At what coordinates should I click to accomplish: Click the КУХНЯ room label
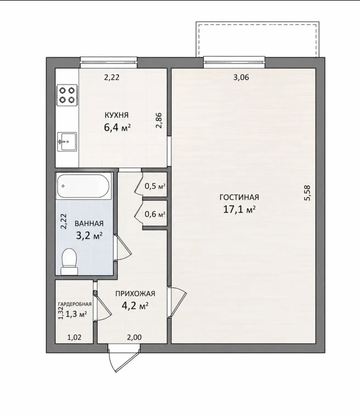point(116,115)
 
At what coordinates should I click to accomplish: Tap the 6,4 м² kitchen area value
point(117,127)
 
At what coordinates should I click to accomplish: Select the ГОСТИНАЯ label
point(239,197)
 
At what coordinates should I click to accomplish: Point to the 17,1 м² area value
point(239,209)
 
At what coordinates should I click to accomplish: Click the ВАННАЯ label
point(89,223)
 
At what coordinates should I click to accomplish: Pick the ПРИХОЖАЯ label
point(135,294)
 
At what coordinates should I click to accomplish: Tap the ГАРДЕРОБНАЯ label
point(75,304)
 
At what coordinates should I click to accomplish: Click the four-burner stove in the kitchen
point(67,95)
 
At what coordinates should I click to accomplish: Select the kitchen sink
point(67,142)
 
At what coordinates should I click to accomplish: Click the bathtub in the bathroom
point(84,186)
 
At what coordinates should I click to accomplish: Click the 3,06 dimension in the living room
point(241,77)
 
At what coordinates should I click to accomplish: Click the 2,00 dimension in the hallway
point(134,337)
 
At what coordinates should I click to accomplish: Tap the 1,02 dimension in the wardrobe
point(74,337)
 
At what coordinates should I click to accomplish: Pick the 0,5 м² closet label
point(155,187)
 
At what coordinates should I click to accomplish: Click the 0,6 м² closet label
point(155,214)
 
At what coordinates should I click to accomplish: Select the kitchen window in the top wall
point(109,62)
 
